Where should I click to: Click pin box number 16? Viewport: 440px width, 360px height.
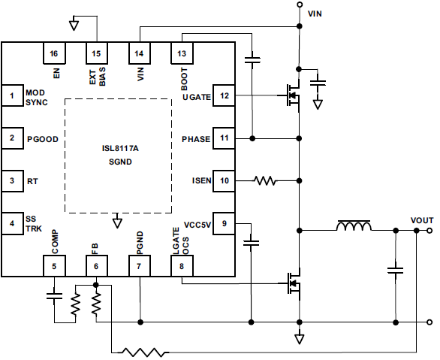(53, 54)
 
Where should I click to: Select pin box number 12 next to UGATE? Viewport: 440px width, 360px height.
(225, 95)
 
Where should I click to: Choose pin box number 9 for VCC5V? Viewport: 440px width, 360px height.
(225, 224)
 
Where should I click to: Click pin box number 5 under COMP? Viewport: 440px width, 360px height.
(53, 266)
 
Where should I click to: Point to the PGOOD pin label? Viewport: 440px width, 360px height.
(43, 139)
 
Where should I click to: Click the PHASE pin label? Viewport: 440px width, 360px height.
(197, 139)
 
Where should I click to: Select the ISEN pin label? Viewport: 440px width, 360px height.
(200, 181)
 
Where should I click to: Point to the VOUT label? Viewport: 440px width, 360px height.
(422, 219)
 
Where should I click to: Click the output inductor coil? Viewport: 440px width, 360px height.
(353, 227)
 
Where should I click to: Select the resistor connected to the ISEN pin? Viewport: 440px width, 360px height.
(265, 181)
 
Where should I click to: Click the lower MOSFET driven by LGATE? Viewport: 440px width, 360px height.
(292, 284)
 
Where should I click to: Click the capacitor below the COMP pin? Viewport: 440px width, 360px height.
(53, 295)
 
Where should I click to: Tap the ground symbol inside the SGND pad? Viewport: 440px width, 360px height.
(116, 222)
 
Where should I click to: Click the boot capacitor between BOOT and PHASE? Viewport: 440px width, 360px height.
(253, 59)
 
